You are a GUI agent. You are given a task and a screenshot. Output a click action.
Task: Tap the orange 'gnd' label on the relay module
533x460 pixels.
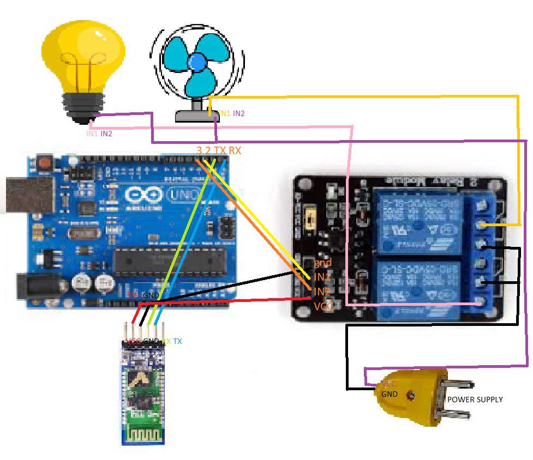(x=323, y=263)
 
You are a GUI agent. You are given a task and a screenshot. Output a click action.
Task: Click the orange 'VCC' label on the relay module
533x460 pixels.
(x=324, y=306)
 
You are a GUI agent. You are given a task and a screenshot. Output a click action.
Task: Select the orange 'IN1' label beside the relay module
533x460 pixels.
(x=322, y=277)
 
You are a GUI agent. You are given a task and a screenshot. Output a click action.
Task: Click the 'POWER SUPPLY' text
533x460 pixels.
(x=475, y=400)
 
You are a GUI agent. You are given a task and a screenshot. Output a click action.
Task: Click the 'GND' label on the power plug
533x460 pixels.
(x=389, y=394)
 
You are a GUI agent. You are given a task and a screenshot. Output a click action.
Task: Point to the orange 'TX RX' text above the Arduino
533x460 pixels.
(x=228, y=150)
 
